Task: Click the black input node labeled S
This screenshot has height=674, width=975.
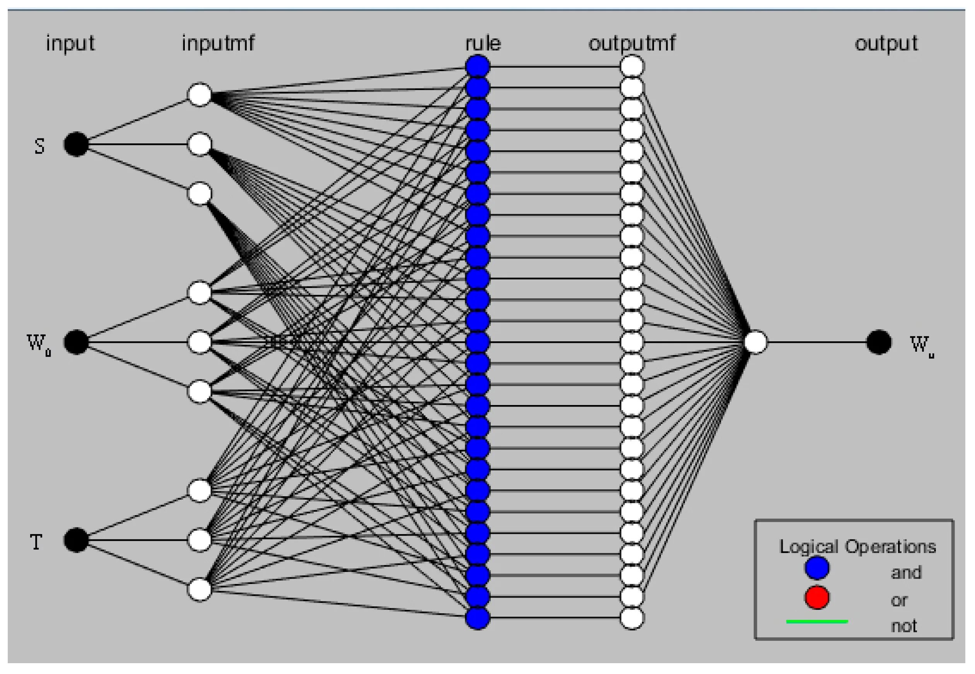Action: [76, 145]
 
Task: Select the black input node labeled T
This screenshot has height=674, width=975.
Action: [76, 540]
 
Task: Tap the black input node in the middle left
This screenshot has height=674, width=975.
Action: [76, 342]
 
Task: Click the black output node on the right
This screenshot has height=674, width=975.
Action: [879, 342]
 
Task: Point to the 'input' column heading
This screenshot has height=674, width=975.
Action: [70, 43]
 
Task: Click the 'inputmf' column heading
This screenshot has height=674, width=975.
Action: [218, 43]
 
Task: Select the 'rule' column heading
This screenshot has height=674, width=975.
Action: [483, 43]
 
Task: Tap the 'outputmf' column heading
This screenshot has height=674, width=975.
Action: [632, 43]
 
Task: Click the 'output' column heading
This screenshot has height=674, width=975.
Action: [886, 43]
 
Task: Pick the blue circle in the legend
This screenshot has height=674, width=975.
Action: [816, 568]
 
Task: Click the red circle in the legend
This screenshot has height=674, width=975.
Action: [816, 597]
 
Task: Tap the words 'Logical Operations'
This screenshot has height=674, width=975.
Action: [857, 546]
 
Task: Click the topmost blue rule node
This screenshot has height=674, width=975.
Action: [478, 66]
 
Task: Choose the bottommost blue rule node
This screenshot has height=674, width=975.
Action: [478, 618]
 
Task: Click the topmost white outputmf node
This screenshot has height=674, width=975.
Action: [632, 66]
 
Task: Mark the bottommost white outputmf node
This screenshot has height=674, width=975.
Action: [632, 618]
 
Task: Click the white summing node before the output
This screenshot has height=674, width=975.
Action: [755, 342]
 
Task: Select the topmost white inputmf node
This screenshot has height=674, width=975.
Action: [199, 95]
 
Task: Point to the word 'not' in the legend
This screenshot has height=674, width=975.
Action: [903, 625]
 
